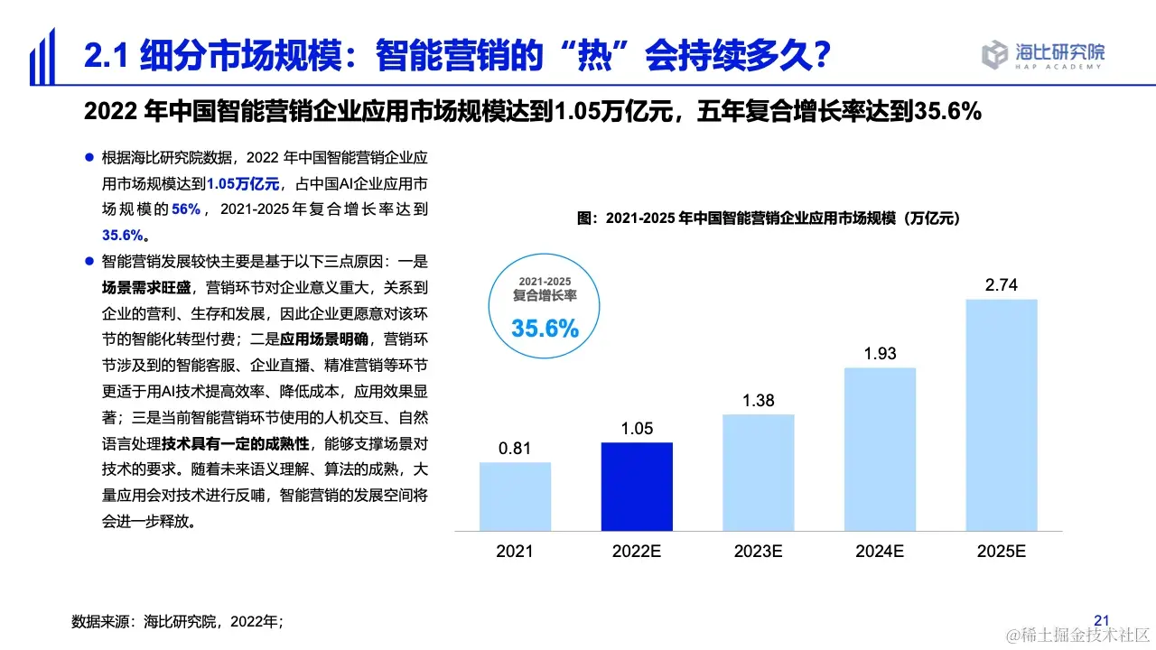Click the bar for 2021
[x=515, y=497]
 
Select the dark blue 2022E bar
[x=637, y=487]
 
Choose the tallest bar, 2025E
[x=1002, y=415]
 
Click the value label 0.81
[x=515, y=448]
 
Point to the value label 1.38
[x=759, y=400]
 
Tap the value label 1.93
[x=880, y=353]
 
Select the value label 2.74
[x=1002, y=285]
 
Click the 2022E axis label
[x=637, y=552]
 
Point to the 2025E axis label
[x=1002, y=552]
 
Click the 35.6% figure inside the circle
[x=545, y=329]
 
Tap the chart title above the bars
[x=768, y=218]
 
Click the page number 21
[x=1101, y=620]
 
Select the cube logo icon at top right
[x=994, y=55]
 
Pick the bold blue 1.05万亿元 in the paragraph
[x=243, y=184]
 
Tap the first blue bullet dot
[x=89, y=158]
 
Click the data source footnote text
[x=178, y=621]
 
